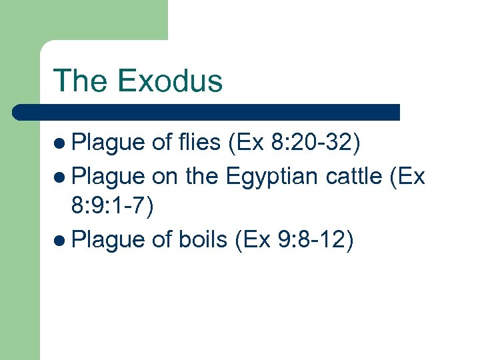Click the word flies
199,143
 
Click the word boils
203,239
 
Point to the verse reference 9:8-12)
313,239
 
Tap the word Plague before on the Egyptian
108,176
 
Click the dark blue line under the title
207,112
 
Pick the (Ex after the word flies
248,143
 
